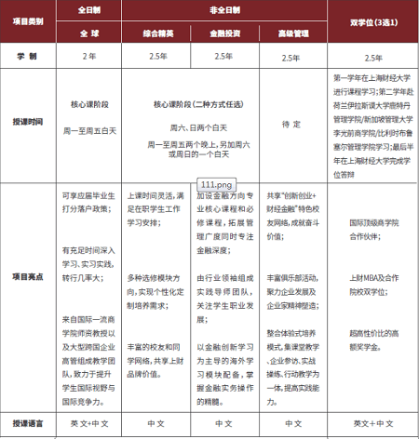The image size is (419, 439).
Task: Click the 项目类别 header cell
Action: tap(25, 20)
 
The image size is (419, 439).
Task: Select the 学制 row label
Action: tap(25, 56)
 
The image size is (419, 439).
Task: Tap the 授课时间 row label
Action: tap(25, 120)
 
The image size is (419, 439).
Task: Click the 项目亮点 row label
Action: tap(25, 276)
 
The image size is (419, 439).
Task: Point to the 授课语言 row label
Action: tap(25, 422)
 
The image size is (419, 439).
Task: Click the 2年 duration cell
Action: tap(89, 56)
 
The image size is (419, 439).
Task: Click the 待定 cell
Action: tap(291, 120)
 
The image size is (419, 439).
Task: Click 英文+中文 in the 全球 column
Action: tap(89, 422)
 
